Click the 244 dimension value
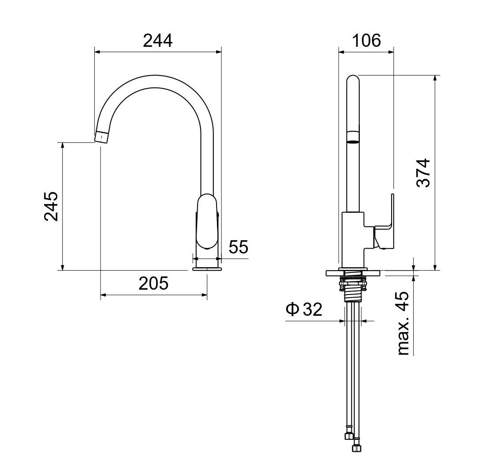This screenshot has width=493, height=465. pyautogui.click(x=158, y=41)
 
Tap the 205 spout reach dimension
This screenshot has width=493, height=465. pyautogui.click(x=153, y=284)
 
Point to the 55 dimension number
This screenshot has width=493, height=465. pyautogui.click(x=239, y=247)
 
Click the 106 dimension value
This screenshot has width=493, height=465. pyautogui.click(x=366, y=41)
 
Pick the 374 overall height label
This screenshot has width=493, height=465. pyautogui.click(x=424, y=173)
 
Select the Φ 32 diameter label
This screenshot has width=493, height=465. pyautogui.click(x=304, y=310)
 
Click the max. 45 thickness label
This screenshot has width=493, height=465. pyautogui.click(x=403, y=324)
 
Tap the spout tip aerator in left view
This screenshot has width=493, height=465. pyautogui.click(x=101, y=136)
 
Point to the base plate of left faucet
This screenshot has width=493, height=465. pyautogui.click(x=207, y=268)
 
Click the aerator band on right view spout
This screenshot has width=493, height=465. pyautogui.click(x=353, y=137)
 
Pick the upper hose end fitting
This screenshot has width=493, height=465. pyautogui.click(x=348, y=435)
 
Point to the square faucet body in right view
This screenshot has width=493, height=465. pyautogui.click(x=353, y=238)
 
